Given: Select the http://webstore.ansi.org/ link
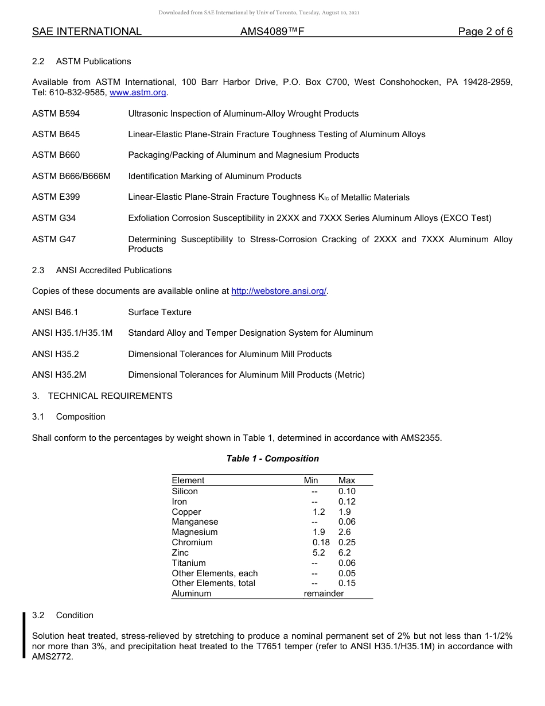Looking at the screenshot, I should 279,292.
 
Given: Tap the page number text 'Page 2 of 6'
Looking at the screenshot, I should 485,32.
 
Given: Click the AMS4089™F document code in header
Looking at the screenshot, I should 272,32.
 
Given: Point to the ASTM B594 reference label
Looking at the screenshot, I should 56,114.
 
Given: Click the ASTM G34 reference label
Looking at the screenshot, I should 54,218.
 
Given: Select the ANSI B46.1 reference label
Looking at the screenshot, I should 55,312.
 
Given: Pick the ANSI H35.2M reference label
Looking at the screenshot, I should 59,375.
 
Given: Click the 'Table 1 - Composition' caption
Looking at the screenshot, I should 272,459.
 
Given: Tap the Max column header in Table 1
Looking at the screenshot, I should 347,480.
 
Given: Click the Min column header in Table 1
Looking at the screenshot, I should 311,480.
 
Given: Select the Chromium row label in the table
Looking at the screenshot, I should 192,542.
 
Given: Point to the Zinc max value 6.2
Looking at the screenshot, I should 344,553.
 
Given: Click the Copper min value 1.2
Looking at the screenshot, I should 318,512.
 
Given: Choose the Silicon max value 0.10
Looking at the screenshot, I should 347,491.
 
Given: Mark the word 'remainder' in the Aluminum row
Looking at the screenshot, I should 324,593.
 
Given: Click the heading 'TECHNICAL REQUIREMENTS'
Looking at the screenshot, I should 110,396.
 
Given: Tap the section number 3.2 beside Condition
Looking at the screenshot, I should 38,615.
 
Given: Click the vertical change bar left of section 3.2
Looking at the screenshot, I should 24,635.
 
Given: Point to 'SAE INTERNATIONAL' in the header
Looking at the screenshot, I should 87,32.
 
